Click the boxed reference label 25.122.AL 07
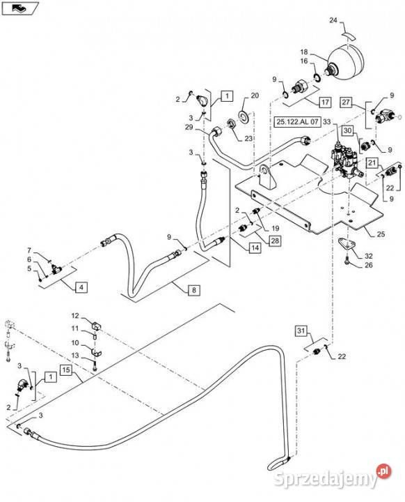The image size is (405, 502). pos(297,121)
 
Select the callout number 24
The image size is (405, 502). pos(333,20)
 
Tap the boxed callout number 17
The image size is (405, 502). pos(325,102)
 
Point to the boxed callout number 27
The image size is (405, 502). pos(346,102)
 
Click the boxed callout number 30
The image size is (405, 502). pos(347,130)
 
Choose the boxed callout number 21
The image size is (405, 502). pos(372,162)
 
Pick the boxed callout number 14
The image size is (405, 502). pos(255,248)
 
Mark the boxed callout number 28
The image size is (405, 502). pos(275,241)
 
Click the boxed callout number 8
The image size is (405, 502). pos(194,290)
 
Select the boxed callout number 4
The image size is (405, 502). pos(81,287)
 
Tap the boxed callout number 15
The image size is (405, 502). pos(66,370)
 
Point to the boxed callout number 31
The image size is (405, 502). pos(301,330)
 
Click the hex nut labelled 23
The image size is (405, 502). pos(231,123)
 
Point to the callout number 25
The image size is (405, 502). pos(381,234)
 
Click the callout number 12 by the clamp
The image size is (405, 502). pos(75,316)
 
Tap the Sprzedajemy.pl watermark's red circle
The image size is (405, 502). pos(383,471)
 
